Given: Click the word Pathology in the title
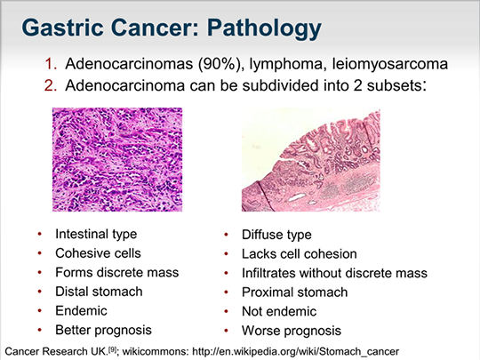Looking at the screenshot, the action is pos(264,28).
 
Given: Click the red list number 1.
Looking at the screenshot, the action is pos(51,64).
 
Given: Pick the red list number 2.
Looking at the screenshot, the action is pos(51,85).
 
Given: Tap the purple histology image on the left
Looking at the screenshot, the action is pos(117,159).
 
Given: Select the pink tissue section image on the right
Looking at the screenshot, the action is pos(311,160).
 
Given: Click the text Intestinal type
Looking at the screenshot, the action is pos(96,234).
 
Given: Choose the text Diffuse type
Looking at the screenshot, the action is pos(276,235).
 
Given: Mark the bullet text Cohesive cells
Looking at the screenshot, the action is pos(98,253).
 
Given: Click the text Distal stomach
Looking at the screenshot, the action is pos(99,292).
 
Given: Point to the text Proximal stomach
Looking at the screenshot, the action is pos(295,292).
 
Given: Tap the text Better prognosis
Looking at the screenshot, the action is pos(103,331).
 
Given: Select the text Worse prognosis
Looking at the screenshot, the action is pos(292,331).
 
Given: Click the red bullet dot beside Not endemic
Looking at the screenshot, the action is pos(227,312).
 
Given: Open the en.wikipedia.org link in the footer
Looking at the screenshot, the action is pos(295,351).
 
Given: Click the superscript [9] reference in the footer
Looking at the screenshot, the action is pos(113,349).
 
